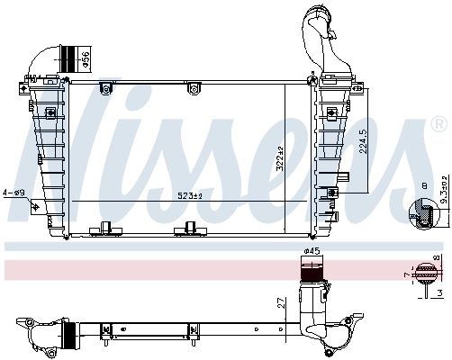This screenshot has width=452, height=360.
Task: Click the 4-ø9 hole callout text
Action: click(15, 193)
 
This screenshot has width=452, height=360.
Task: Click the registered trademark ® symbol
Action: click(438, 123)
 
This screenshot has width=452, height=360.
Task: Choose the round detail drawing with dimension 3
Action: click(420, 273)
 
